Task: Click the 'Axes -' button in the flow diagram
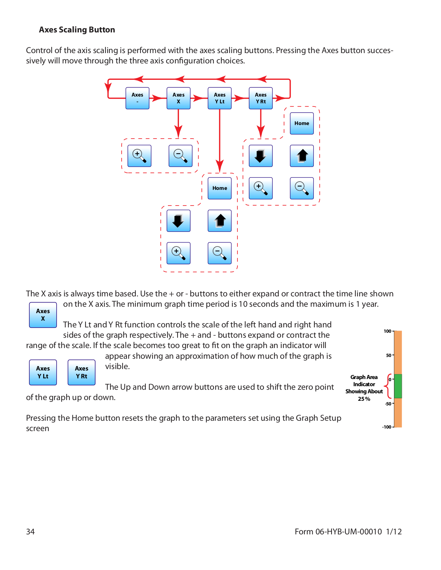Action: (137, 98)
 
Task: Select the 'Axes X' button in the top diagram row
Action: (179, 98)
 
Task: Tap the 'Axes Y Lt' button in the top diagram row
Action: (220, 98)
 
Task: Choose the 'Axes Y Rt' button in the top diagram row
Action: (261, 98)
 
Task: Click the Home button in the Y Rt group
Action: (302, 123)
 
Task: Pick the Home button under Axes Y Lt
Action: (220, 188)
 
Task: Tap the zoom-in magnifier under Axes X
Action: (139, 156)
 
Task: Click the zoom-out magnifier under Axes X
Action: (181, 156)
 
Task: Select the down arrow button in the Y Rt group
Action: (261, 156)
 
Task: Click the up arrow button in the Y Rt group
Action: (302, 156)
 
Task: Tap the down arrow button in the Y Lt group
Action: (179, 221)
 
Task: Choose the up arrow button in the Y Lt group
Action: (220, 221)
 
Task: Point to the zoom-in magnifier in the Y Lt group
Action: (179, 253)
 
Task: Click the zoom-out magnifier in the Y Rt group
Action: (302, 188)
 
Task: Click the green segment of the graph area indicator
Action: (398, 386)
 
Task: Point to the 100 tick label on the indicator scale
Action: (388, 331)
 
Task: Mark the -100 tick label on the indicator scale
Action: (387, 427)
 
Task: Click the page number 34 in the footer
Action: (30, 532)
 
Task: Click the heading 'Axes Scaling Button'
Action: (77, 30)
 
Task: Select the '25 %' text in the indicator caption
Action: (364, 399)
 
